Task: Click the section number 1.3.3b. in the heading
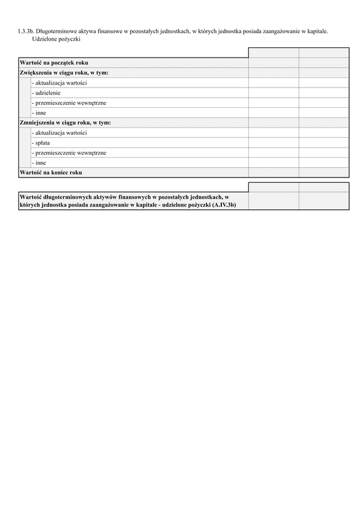coord(26,29)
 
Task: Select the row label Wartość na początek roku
coord(54,62)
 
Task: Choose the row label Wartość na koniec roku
coord(50,173)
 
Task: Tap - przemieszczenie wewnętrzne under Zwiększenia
coord(69,103)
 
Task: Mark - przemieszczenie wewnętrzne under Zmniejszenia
coord(69,153)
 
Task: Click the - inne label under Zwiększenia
coord(39,113)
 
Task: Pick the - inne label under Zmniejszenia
coord(39,162)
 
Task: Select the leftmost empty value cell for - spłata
coord(273,143)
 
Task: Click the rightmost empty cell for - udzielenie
coord(323,93)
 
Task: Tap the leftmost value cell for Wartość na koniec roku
coord(273,173)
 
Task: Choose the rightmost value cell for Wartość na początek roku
coord(323,62)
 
